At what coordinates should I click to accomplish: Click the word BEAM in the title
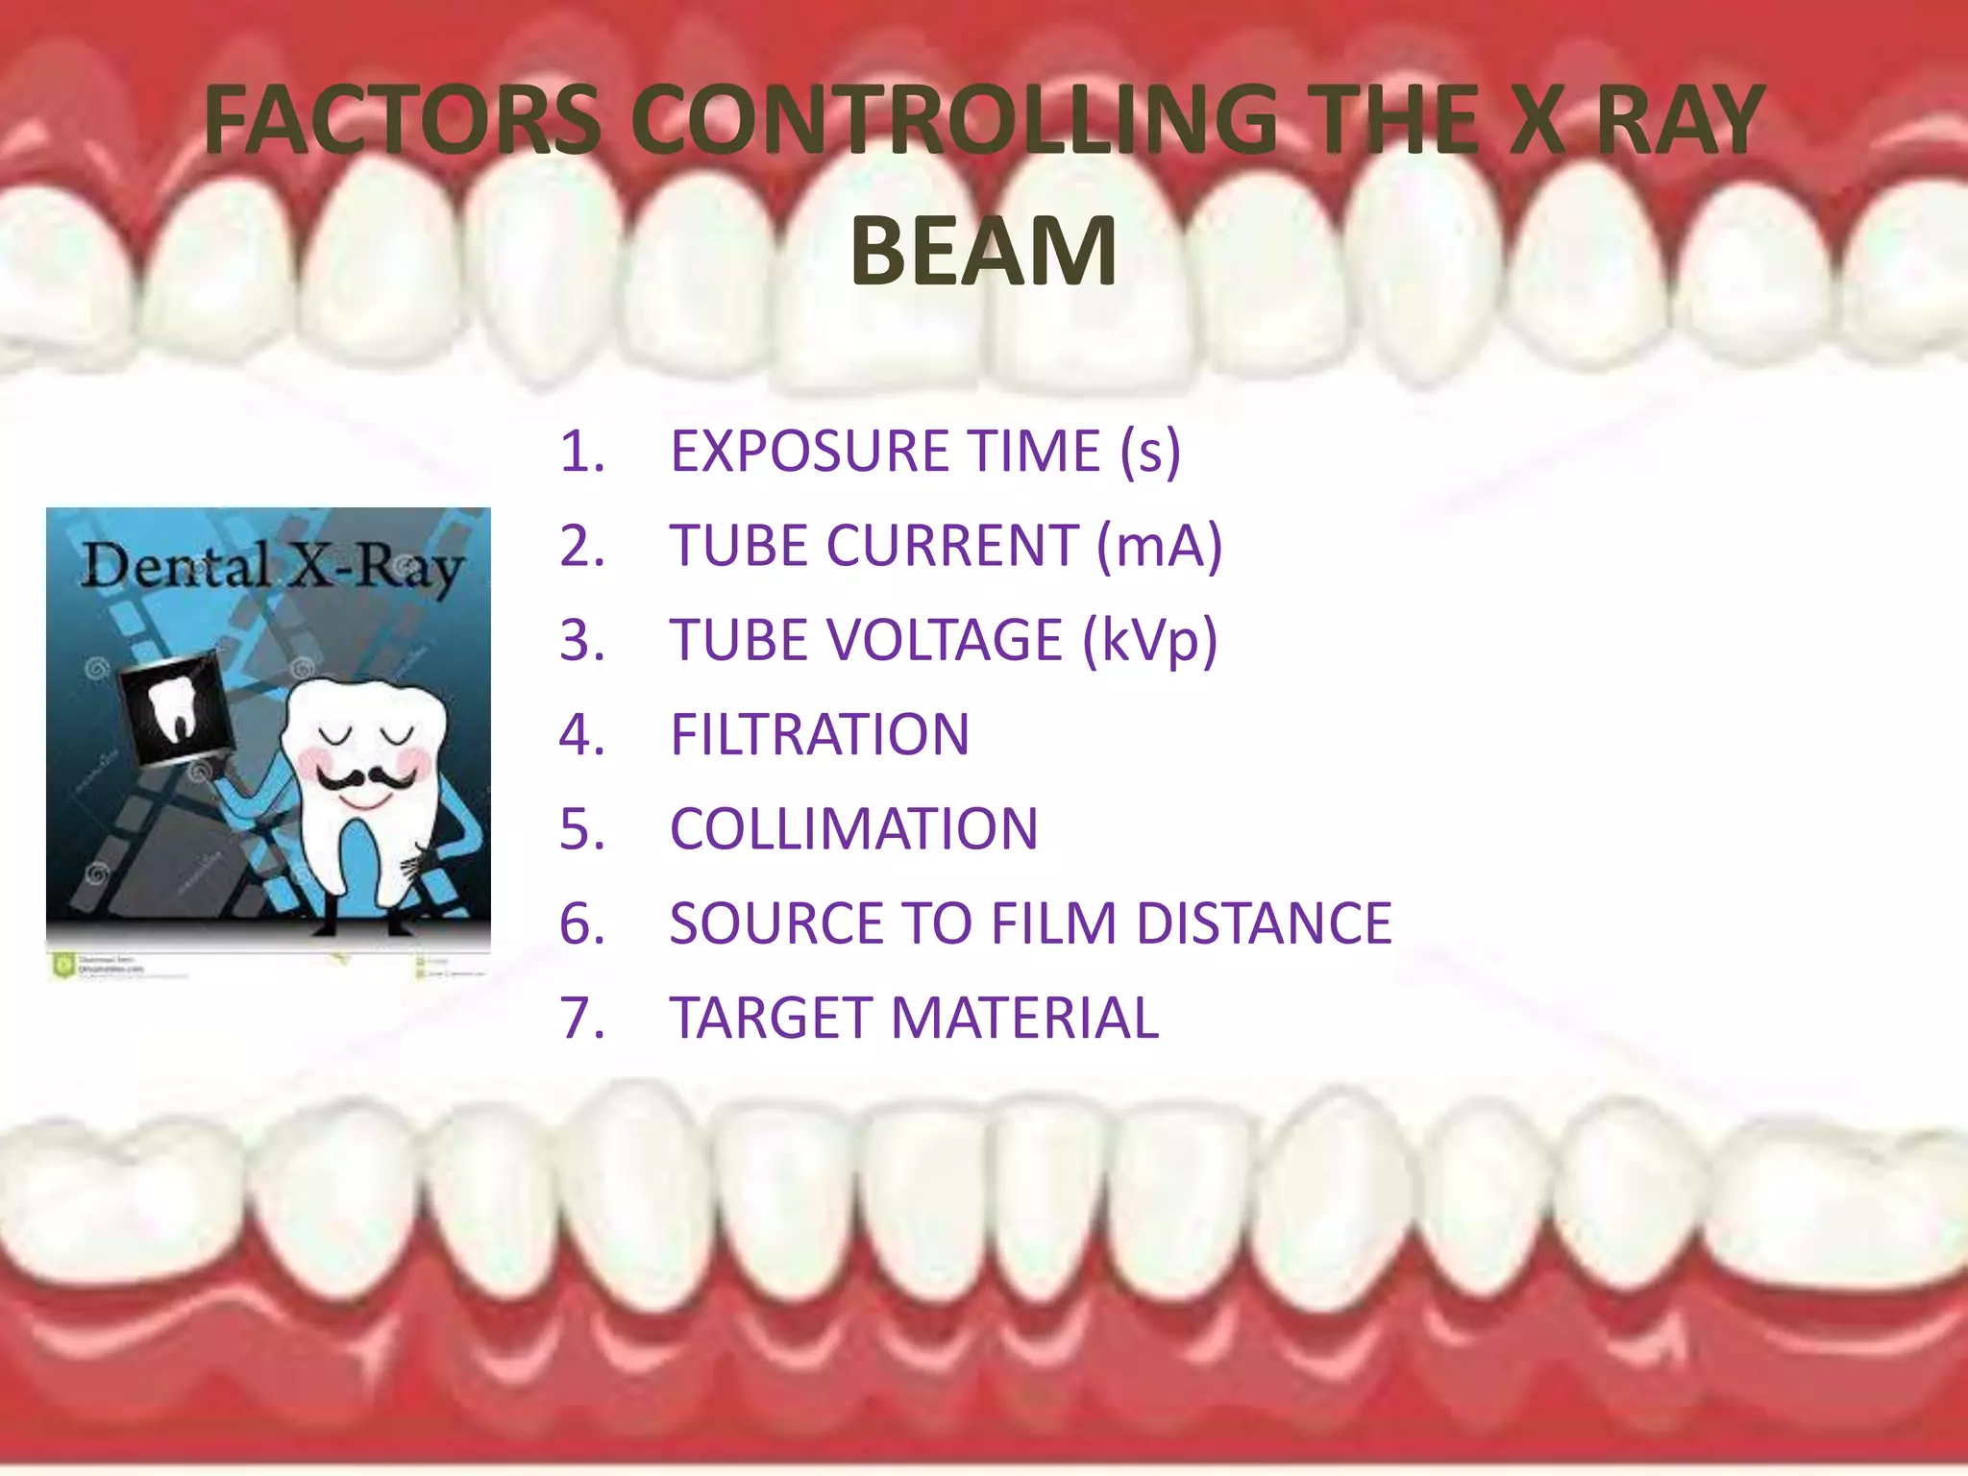tap(983, 252)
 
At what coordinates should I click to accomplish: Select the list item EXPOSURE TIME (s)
tap(924, 452)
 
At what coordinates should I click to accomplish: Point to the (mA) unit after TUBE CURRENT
tap(1160, 546)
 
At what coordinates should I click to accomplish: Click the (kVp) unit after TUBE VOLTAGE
tap(1149, 641)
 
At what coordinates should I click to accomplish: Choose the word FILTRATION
tap(820, 735)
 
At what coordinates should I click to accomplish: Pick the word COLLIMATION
tap(853, 829)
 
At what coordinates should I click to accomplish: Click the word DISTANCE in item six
tap(1264, 923)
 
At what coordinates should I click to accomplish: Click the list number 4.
tap(581, 735)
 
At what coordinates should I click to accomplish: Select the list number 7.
tap(581, 1019)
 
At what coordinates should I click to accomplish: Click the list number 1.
tap(581, 452)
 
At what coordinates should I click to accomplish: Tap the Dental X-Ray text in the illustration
tap(271, 567)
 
